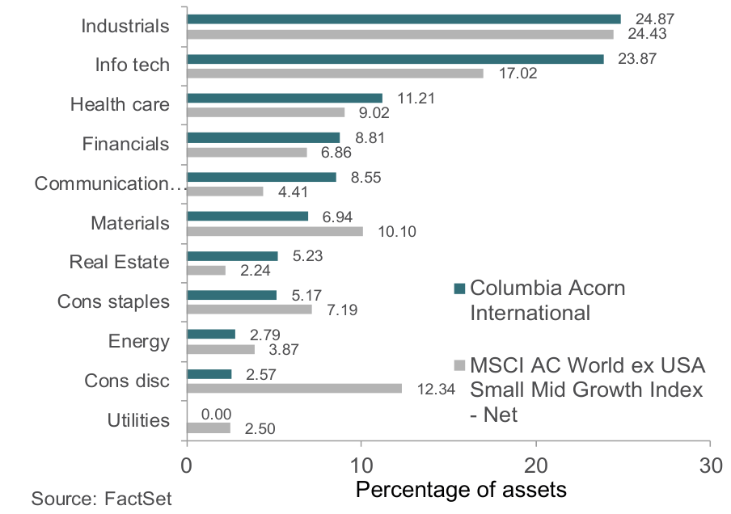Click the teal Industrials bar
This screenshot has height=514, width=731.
point(404,19)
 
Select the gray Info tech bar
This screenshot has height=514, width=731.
point(335,74)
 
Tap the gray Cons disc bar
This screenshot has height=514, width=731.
point(294,389)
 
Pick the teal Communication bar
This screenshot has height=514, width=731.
point(261,176)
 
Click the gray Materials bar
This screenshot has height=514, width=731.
point(275,231)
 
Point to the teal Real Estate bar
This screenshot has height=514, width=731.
point(232,255)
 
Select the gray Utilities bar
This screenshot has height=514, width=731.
point(209,428)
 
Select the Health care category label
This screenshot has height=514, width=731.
point(120,104)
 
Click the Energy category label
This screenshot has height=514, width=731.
point(138,341)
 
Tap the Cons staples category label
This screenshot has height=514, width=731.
point(113,302)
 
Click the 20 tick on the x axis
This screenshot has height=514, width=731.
point(536,466)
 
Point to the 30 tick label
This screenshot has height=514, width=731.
point(710,466)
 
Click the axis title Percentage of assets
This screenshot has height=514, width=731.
point(461,490)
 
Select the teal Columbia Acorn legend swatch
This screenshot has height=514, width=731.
point(458,289)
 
